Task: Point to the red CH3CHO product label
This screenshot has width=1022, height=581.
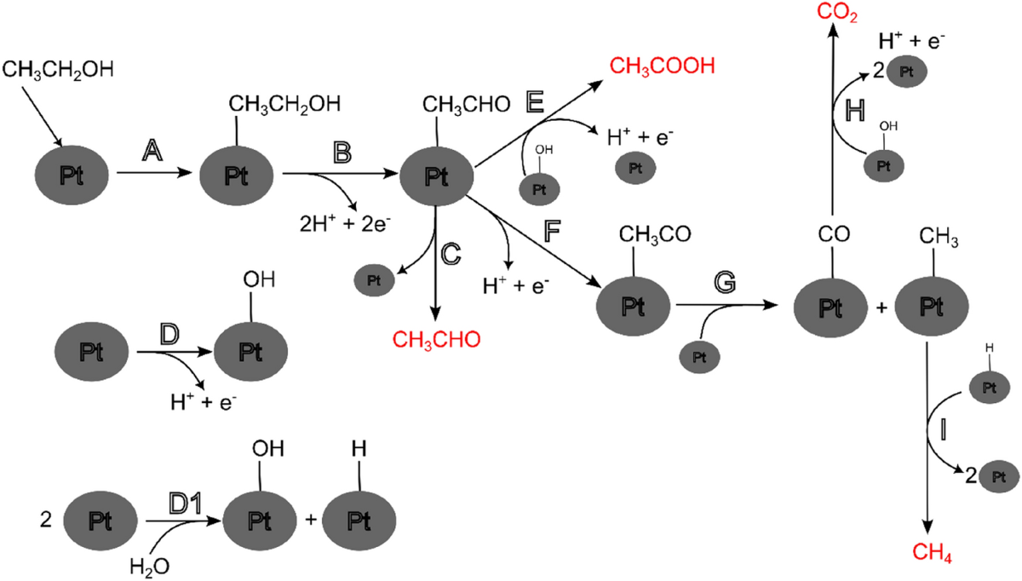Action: pos(437,338)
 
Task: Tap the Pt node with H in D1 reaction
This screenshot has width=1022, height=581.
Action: pos(358,519)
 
